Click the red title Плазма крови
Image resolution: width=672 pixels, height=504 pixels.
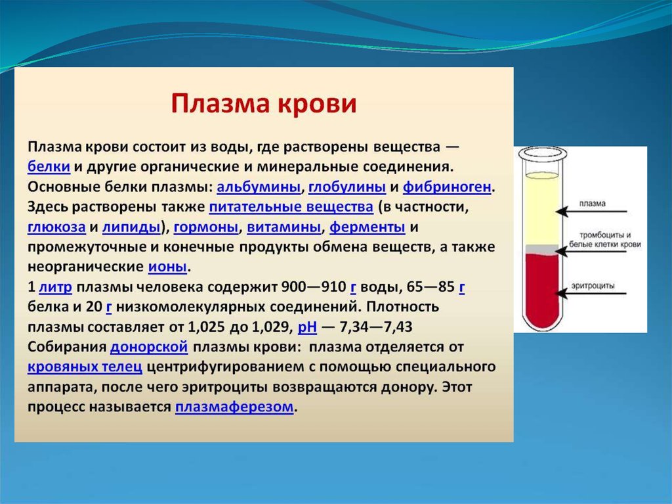(x=264, y=104)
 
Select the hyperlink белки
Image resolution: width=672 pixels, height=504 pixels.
(x=49, y=166)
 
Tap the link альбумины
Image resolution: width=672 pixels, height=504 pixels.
(x=259, y=187)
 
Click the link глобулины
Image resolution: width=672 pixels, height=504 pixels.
(x=347, y=187)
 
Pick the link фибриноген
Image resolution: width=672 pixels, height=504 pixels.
(x=447, y=187)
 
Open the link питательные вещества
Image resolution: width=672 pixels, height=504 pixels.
(x=291, y=206)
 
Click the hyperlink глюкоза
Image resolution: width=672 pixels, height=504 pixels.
(x=56, y=227)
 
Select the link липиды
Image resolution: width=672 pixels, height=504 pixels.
(x=131, y=227)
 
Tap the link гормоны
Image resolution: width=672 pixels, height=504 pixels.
(x=205, y=227)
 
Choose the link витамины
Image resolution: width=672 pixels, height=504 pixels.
(x=283, y=227)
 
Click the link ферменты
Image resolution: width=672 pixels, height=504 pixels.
(x=367, y=227)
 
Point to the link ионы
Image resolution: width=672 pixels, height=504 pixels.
(x=167, y=267)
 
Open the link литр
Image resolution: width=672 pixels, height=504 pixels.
(x=55, y=286)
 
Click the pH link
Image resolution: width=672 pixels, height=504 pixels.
(x=307, y=327)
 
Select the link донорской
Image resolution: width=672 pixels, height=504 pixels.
(x=149, y=346)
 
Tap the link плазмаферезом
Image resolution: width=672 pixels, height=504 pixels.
(x=234, y=407)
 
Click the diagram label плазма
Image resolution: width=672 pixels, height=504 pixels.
(x=593, y=204)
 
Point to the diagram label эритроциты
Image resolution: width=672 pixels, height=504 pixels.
(x=593, y=285)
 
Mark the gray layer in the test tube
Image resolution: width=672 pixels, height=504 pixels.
(x=542, y=248)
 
